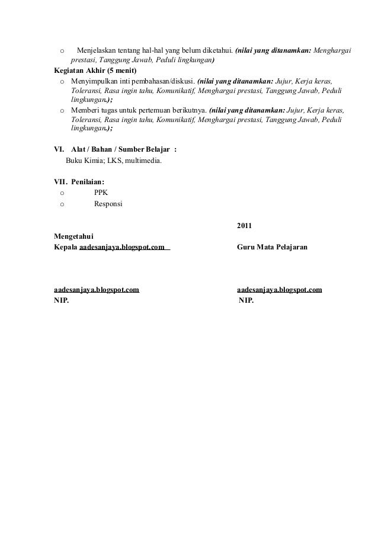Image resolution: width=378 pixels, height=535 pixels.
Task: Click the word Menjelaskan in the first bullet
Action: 97,51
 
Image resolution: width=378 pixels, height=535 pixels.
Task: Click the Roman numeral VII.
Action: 60,182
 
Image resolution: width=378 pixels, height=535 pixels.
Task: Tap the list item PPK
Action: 101,193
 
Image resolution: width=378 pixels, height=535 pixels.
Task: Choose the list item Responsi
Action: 108,203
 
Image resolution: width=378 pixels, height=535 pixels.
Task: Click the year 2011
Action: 244,226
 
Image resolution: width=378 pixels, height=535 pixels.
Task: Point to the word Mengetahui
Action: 73,236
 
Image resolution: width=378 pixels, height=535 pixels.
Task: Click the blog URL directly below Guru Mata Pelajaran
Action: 279,290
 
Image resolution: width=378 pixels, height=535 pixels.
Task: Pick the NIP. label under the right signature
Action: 246,301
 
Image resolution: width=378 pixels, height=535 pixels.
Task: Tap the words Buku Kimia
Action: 81,160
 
